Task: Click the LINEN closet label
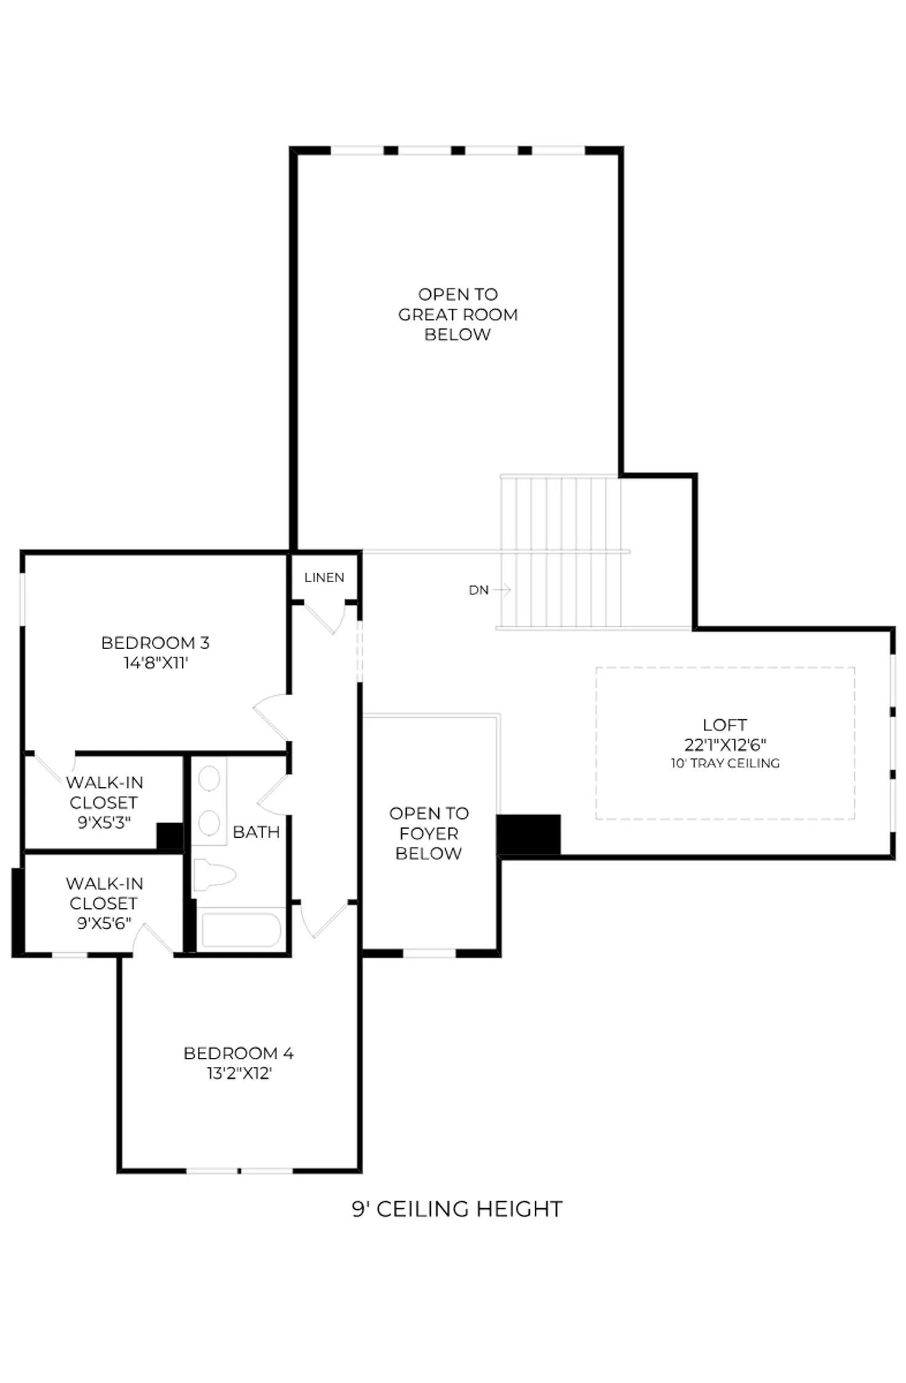click(x=324, y=577)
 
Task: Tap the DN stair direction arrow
click(x=502, y=590)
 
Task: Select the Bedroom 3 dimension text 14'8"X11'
click(x=156, y=663)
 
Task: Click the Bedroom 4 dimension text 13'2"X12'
click(x=238, y=1074)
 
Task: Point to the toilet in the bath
click(x=214, y=875)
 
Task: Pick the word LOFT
click(x=725, y=725)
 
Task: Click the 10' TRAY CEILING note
click(x=725, y=763)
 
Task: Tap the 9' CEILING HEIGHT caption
click(x=457, y=1209)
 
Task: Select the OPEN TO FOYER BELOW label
click(x=429, y=833)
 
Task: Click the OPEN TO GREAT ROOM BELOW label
click(x=458, y=314)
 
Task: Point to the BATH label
click(x=256, y=832)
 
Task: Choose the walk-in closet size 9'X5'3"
click(x=104, y=822)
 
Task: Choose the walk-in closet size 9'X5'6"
click(x=104, y=923)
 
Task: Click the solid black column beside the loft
click(x=529, y=835)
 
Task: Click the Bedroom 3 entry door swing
click(x=270, y=717)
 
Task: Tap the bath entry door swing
click(x=273, y=795)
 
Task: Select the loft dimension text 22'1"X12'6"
click(x=725, y=745)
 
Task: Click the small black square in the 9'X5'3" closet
click(x=170, y=836)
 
